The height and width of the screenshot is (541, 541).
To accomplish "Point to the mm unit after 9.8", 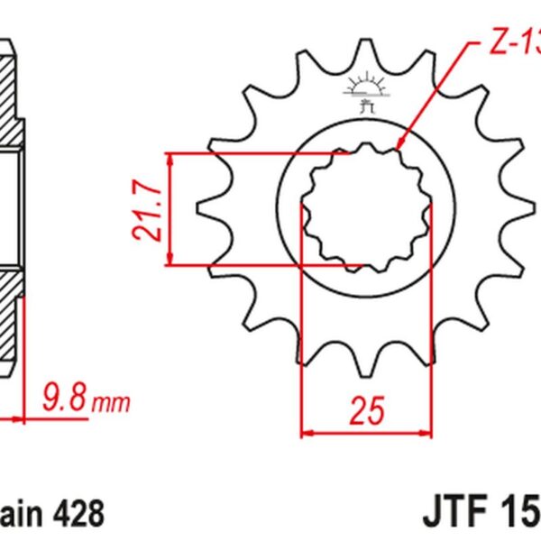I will coord(111,399).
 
